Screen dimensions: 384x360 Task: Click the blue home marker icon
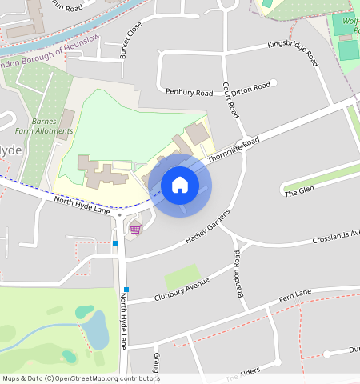pyautogui.click(x=180, y=186)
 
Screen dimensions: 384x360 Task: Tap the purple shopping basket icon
pyautogui.click(x=135, y=229)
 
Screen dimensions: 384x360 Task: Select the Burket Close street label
pyautogui.click(x=130, y=39)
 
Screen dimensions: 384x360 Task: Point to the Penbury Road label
pyautogui.click(x=189, y=93)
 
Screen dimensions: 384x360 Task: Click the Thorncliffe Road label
pyautogui.click(x=234, y=150)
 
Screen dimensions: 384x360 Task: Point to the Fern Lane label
pyautogui.click(x=295, y=297)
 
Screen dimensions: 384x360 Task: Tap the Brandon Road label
pyautogui.click(x=238, y=274)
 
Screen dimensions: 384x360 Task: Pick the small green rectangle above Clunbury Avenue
pyautogui.click(x=182, y=277)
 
